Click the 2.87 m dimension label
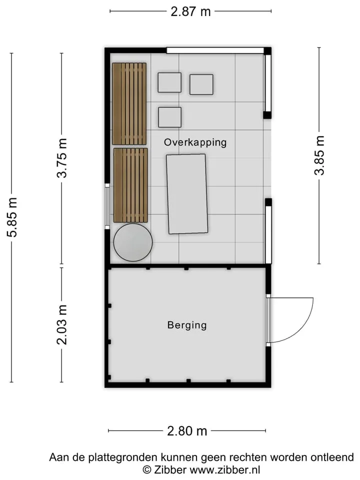190,11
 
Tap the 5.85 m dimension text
12,217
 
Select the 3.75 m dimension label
62,158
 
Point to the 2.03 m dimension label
62,325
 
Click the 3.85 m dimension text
319,155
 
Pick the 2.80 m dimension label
187,431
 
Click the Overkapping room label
195,142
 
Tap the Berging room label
187,325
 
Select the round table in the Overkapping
133,242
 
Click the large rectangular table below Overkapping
186,194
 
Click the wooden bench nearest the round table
130,185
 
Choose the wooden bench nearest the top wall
129,104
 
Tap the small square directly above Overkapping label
169,117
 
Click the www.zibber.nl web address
225,469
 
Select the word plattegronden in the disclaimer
123,458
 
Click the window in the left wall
107,206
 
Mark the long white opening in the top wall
215,50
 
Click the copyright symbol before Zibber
147,469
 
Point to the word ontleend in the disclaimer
332,457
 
